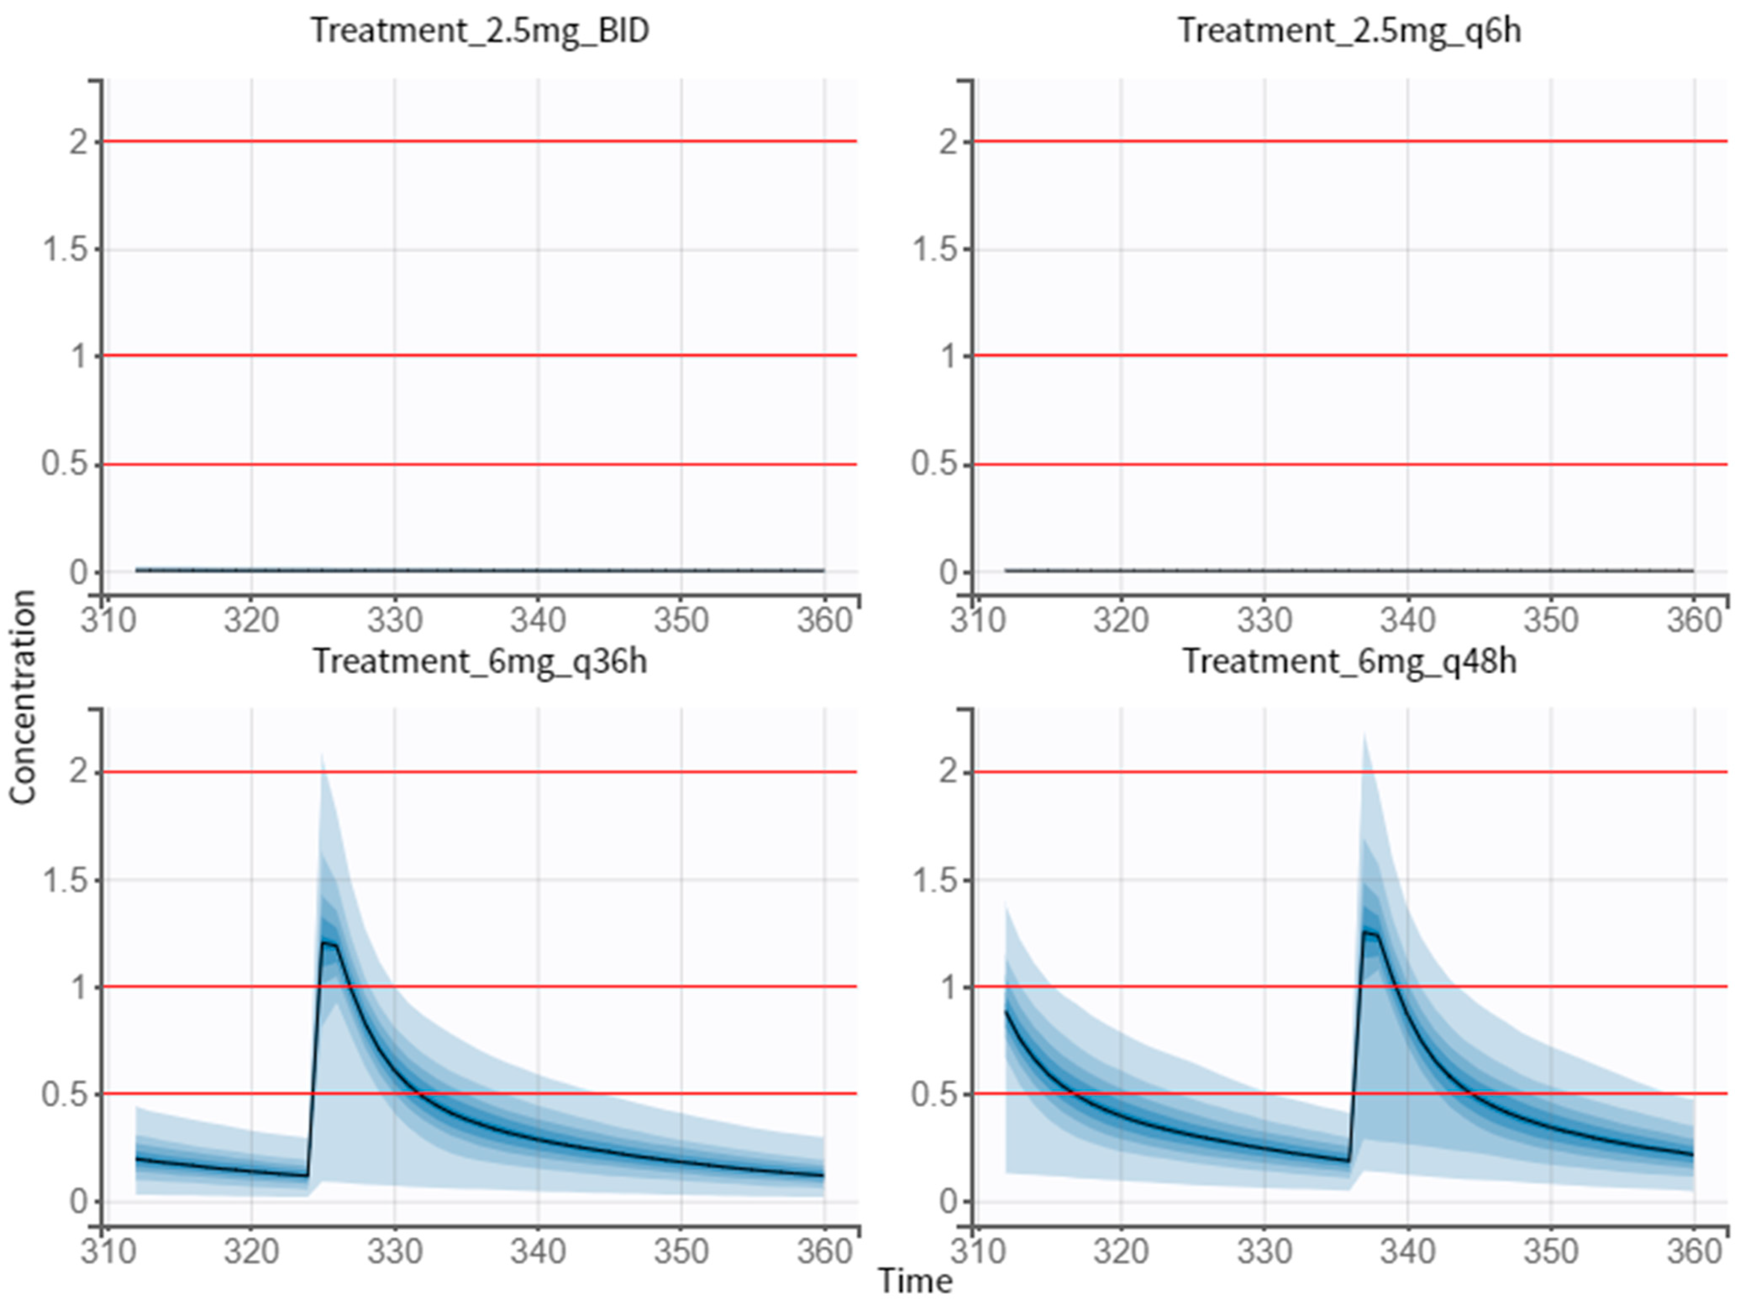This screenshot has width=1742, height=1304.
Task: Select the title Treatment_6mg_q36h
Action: click(480, 661)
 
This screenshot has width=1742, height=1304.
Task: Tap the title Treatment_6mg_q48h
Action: click(1349, 661)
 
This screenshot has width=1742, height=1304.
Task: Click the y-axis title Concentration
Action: click(24, 697)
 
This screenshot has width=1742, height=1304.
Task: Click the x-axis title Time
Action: click(915, 1281)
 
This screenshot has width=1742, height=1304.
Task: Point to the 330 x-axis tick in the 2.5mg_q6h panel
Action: click(1264, 620)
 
